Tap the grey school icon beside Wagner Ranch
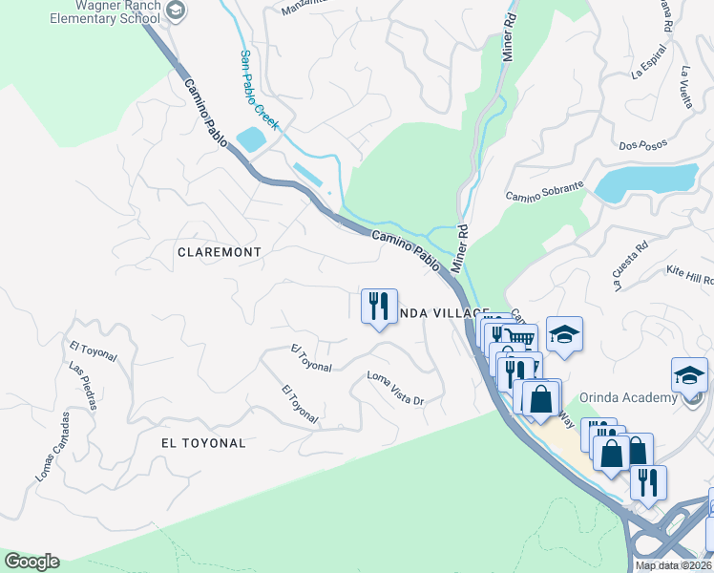coord(175,10)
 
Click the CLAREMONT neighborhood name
coord(219,251)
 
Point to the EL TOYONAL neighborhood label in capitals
coord(203,443)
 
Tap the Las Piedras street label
coord(82,385)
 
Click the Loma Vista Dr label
coord(395,388)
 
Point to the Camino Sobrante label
coord(543,192)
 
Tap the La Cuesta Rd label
coord(630,264)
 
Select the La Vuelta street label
coord(685,87)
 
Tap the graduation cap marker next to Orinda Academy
coord(689,374)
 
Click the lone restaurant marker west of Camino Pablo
coord(379,307)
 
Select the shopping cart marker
coord(519,338)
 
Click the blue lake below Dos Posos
coord(645,180)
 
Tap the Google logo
coord(32,562)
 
